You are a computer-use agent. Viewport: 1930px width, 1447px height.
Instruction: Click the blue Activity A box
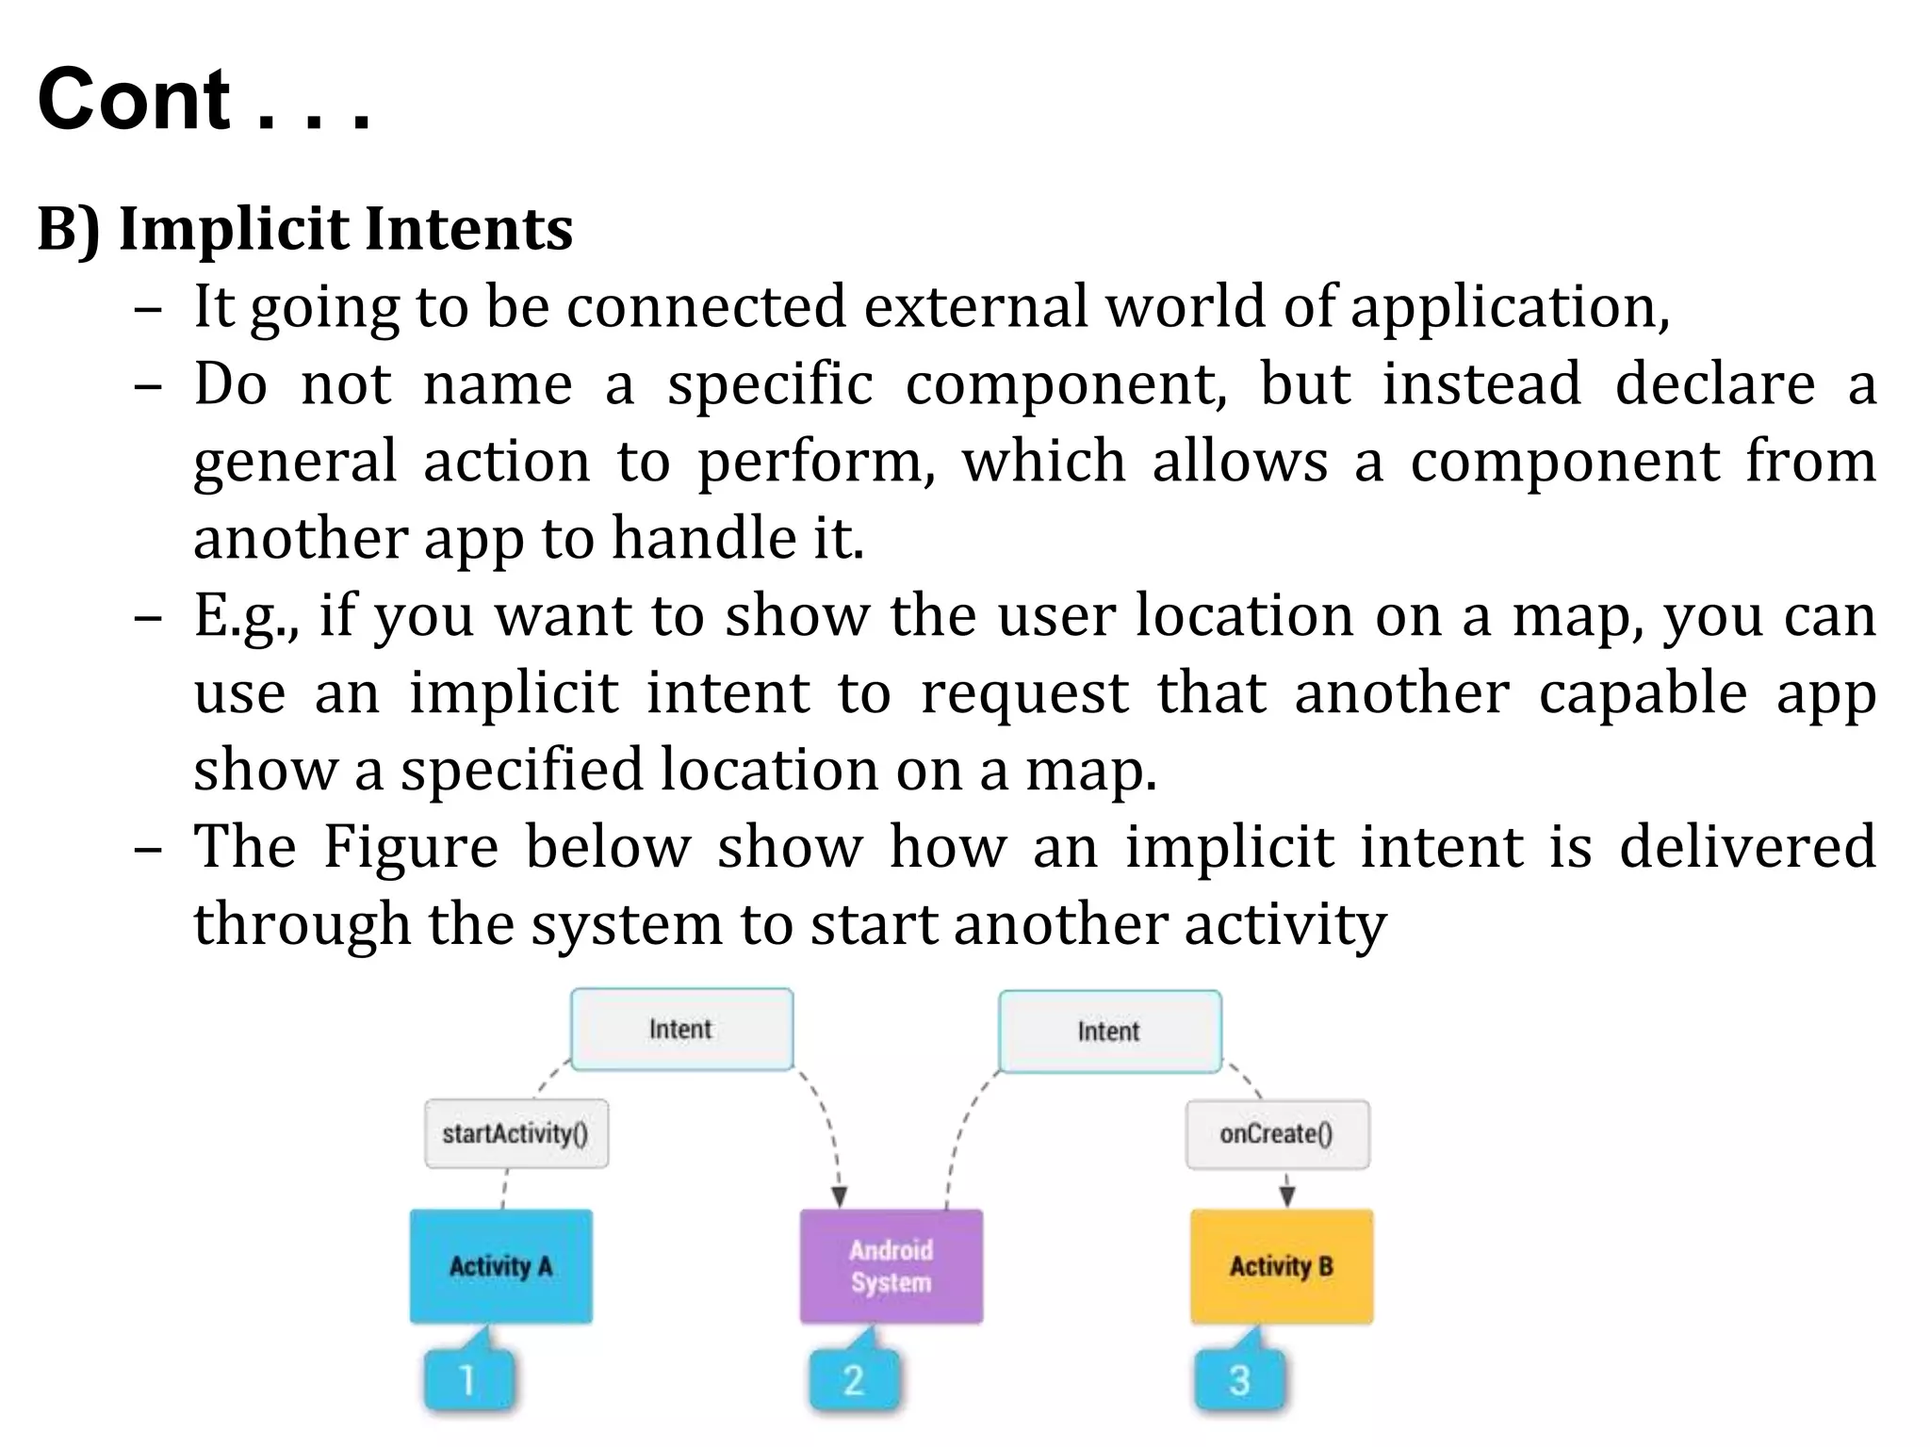coord(500,1266)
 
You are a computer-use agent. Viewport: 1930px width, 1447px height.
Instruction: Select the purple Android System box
coord(891,1266)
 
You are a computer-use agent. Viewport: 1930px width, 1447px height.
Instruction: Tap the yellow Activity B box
coord(1281,1266)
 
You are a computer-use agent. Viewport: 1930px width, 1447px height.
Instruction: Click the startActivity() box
coord(515,1133)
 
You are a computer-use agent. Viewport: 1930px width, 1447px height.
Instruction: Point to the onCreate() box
coord(1277,1134)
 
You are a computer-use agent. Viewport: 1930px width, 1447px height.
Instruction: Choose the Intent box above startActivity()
coord(681,1029)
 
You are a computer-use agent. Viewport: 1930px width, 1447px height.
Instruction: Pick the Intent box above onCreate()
coord(1109,1032)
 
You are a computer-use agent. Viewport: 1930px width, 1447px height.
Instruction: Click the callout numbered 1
coord(468,1380)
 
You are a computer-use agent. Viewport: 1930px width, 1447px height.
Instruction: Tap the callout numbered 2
coord(854,1380)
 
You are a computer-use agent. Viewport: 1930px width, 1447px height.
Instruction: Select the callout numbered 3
coord(1239,1380)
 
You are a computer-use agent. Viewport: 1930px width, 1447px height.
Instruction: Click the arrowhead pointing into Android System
coord(839,1197)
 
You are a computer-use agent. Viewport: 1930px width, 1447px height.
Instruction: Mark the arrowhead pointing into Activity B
coord(1287,1196)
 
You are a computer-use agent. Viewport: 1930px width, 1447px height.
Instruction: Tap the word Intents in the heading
coord(468,229)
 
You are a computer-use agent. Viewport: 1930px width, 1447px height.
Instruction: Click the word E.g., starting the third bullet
coord(247,616)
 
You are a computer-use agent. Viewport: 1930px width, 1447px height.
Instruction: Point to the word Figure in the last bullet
coord(411,847)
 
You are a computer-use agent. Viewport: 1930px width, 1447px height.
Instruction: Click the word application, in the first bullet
coord(1510,308)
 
